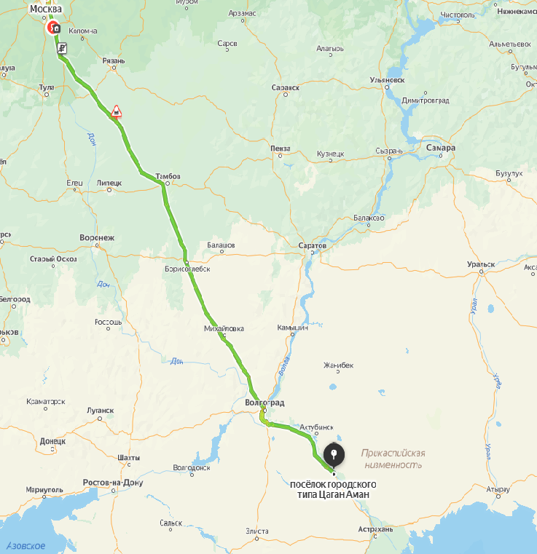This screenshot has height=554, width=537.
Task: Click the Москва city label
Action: click(45, 9)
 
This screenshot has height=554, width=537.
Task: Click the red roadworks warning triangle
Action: click(116, 111)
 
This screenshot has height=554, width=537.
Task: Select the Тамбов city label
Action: click(168, 176)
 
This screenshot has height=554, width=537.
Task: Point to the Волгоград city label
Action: click(264, 403)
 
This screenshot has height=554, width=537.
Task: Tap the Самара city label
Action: click(441, 148)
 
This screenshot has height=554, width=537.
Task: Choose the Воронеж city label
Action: click(97, 237)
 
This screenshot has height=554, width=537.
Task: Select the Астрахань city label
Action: click(376, 529)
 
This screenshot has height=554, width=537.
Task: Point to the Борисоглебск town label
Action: click(188, 269)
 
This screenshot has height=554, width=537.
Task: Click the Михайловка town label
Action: click(224, 329)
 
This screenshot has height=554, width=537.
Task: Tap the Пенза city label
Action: click(280, 148)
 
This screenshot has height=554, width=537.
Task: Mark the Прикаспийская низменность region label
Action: click(393, 459)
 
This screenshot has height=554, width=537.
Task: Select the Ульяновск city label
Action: click(387, 79)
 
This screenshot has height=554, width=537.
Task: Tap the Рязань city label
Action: click(114, 60)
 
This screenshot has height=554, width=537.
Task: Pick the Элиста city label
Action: click(257, 531)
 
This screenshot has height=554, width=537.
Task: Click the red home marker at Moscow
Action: click(55, 29)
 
